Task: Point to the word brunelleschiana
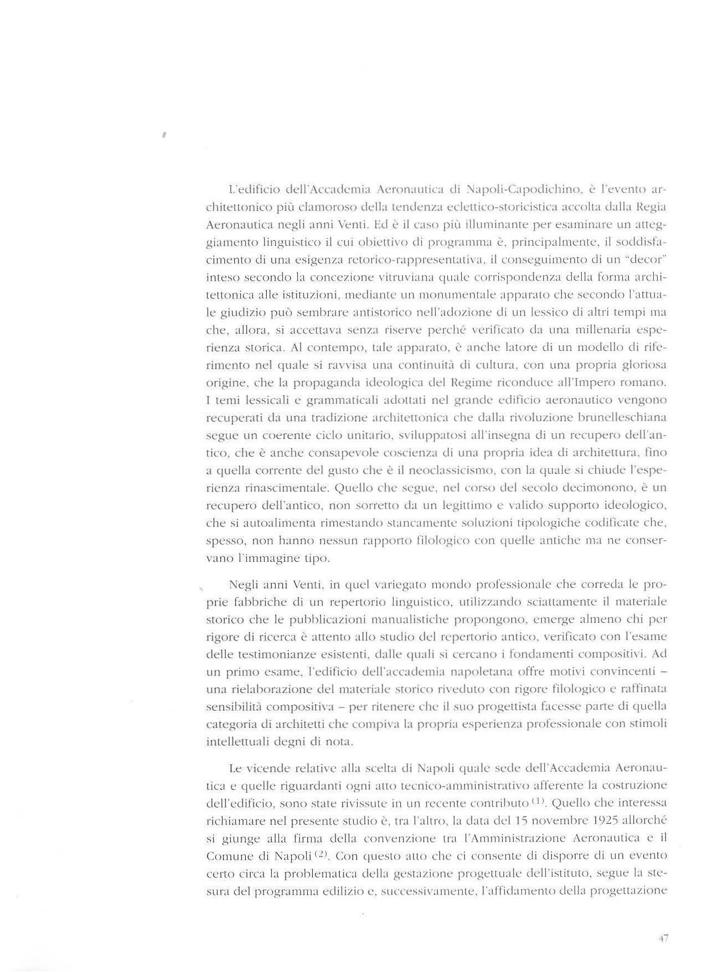(617, 417)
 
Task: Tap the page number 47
(663, 938)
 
